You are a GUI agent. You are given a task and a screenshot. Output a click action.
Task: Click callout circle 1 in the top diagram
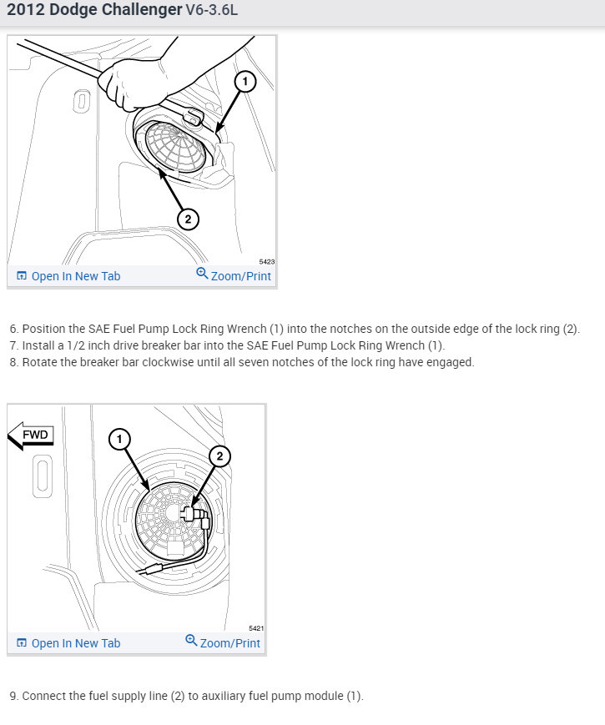(244, 81)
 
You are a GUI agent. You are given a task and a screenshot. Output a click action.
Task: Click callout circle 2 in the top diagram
(188, 219)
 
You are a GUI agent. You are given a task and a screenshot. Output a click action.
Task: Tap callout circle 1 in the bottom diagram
(120, 439)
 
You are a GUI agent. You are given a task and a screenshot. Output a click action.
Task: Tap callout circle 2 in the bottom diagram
(220, 456)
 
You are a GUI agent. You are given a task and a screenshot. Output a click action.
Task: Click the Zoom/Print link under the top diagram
(234, 275)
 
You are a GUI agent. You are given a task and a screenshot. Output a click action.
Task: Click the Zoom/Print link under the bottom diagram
(223, 642)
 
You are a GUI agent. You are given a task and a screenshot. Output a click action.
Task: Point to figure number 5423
(267, 261)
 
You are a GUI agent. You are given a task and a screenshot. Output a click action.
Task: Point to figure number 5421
(256, 628)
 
